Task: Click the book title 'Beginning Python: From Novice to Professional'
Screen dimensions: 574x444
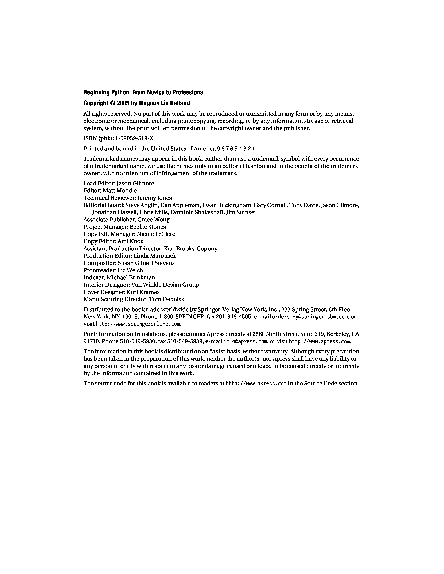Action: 144,93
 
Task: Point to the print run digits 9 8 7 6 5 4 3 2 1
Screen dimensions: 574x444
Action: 236,149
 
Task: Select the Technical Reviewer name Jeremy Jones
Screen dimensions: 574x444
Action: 155,198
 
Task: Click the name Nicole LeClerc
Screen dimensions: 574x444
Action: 156,234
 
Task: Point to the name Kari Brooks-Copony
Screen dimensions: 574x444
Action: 191,249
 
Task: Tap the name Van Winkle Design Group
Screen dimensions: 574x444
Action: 165,285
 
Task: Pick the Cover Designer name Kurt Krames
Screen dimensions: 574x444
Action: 143,292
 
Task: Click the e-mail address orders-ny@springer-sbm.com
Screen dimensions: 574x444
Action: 310,317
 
